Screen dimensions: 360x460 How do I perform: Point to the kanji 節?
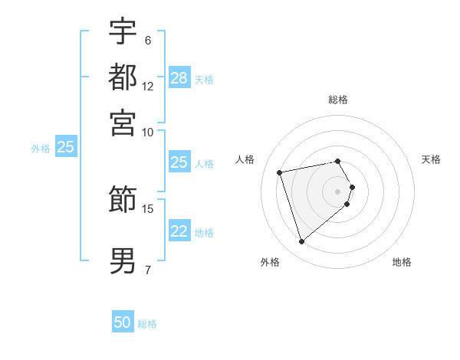(x=123, y=199)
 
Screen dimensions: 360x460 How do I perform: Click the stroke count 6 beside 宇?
(x=147, y=41)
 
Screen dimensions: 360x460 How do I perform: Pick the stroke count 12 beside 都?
(x=148, y=87)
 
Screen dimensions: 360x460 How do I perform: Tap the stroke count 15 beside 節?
(x=148, y=208)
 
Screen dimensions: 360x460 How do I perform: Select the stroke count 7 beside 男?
(x=147, y=270)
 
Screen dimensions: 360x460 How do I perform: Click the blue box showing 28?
(x=179, y=78)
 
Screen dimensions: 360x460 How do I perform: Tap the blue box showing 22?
(x=179, y=232)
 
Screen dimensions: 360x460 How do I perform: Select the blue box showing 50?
(x=123, y=322)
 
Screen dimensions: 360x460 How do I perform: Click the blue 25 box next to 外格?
(x=66, y=147)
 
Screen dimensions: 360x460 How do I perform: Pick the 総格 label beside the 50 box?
(x=147, y=324)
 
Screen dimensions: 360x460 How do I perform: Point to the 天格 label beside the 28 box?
(x=204, y=80)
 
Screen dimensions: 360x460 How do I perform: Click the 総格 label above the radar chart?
(x=338, y=100)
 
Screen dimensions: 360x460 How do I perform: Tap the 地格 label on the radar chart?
(x=402, y=262)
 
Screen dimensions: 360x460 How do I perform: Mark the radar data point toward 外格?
(x=301, y=242)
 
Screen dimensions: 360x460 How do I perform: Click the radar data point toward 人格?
(x=280, y=172)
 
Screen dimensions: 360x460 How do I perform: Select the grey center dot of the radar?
(x=338, y=191)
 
